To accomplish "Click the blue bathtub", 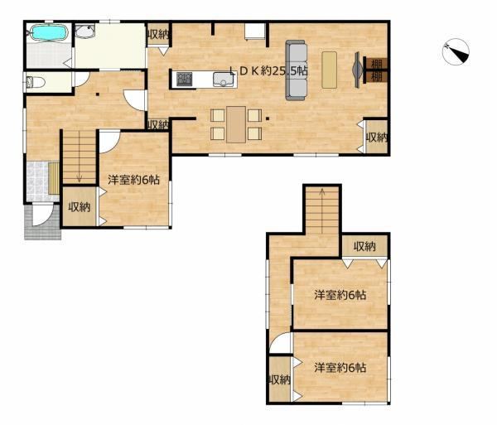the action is [49, 33].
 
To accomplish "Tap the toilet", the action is [36, 82].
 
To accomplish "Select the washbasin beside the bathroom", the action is [84, 31].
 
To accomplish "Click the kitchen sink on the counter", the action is [224, 80].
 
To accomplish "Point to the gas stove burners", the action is [185, 79].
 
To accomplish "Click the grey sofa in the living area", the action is [297, 70].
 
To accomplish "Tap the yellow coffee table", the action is [330, 70].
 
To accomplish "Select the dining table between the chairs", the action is [236, 124].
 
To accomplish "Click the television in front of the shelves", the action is [358, 70].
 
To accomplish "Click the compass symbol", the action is [456, 52].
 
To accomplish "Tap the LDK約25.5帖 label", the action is [268, 70].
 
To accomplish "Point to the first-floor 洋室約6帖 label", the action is [133, 180].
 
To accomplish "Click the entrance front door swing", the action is [42, 215].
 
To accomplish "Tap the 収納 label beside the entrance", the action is [80, 207].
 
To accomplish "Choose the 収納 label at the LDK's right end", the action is [377, 138].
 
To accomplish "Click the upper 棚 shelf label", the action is [376, 64].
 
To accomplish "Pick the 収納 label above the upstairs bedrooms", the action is [364, 246].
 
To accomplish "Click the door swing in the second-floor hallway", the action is [280, 342].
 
